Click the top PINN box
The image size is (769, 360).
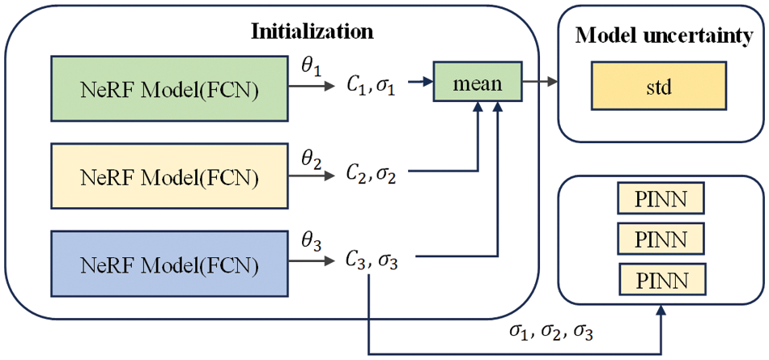[661, 198]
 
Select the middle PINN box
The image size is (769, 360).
[661, 239]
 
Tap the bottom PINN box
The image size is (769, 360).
[661, 280]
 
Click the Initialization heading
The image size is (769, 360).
[312, 32]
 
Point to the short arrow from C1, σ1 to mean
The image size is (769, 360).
[419, 82]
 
